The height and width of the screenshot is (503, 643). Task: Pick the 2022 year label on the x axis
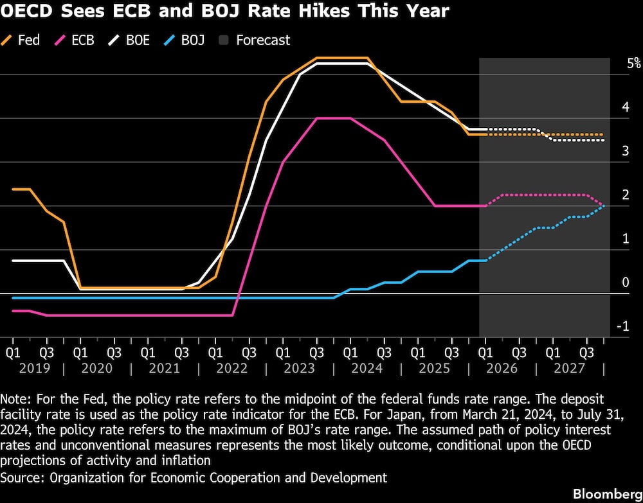(232, 369)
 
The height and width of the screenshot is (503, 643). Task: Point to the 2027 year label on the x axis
(570, 369)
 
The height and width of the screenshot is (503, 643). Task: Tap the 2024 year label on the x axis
(367, 369)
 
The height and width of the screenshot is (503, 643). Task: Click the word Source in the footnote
(21, 477)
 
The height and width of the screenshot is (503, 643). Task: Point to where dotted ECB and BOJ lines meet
(603, 206)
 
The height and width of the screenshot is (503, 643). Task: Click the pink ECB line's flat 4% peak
(333, 118)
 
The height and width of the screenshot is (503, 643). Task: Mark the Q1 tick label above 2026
(485, 353)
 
